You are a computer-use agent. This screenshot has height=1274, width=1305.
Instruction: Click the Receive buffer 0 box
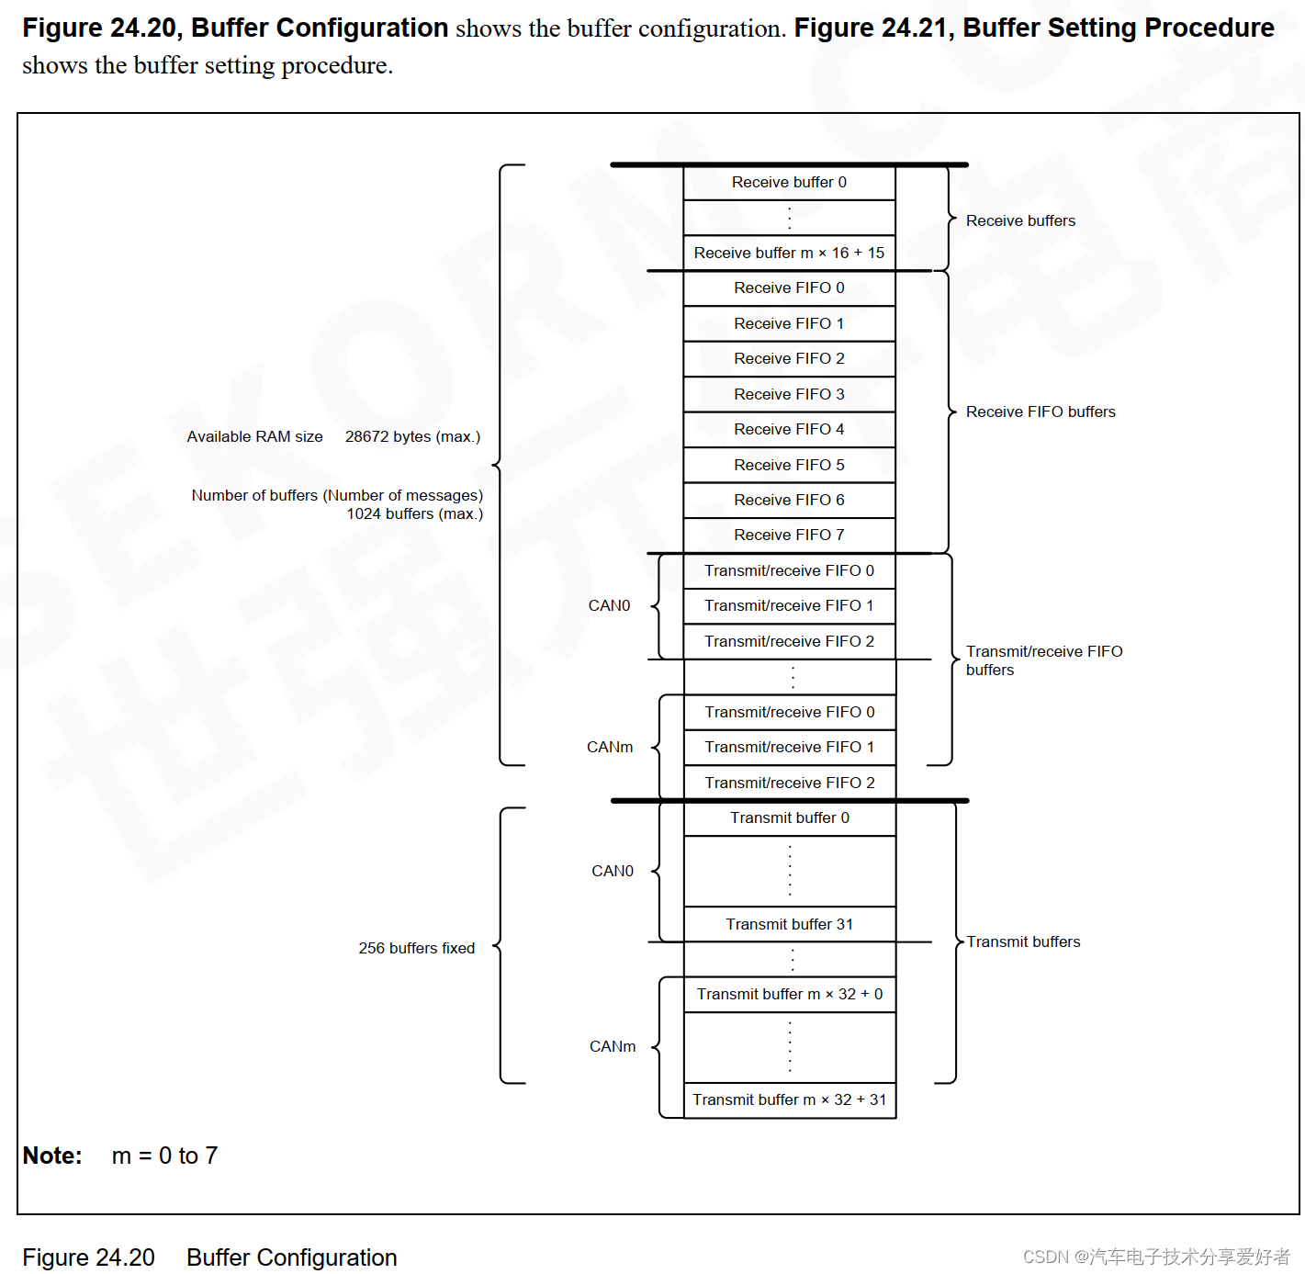click(x=789, y=183)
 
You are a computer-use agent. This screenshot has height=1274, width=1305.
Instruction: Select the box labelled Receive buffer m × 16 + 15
click(x=789, y=253)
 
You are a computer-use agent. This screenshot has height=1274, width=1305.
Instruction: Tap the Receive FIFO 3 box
click(x=789, y=394)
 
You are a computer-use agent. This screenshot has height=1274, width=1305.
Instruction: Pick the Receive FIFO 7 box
click(x=789, y=535)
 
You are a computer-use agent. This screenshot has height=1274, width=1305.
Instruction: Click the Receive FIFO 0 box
click(x=789, y=287)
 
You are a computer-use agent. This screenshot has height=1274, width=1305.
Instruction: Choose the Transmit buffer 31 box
click(x=789, y=924)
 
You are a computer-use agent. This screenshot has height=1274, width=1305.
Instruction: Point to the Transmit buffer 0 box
click(x=789, y=817)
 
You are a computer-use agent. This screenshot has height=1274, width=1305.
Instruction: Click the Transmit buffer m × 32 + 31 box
click(x=789, y=1099)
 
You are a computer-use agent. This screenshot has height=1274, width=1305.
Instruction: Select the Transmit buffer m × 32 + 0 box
click(x=789, y=994)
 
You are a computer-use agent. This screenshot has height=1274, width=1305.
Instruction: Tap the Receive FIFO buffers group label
click(x=1041, y=412)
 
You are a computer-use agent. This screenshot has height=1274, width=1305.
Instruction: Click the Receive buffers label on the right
click(x=1020, y=220)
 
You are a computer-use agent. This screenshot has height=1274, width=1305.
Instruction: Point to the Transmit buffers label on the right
click(x=1023, y=941)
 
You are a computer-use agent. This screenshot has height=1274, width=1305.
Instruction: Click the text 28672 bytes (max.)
click(x=412, y=436)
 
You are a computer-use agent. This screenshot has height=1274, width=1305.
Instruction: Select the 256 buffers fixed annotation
click(x=416, y=948)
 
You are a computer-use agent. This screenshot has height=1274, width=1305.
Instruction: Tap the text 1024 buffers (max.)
click(x=414, y=513)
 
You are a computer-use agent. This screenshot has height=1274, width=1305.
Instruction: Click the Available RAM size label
click(x=254, y=436)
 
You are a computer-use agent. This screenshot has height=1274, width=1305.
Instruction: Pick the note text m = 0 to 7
click(x=164, y=1156)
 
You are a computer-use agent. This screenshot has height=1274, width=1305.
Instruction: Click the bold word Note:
click(x=52, y=1156)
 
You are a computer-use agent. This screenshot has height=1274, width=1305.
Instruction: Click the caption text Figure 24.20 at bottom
click(x=88, y=1257)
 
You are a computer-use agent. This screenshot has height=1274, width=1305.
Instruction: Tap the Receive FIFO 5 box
click(x=789, y=465)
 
